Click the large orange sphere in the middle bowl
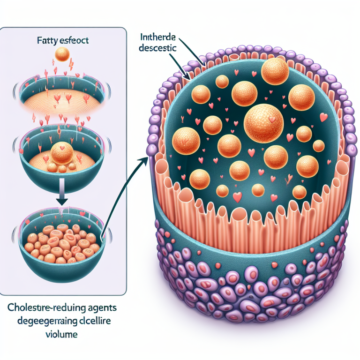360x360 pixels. click(x=61, y=153)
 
